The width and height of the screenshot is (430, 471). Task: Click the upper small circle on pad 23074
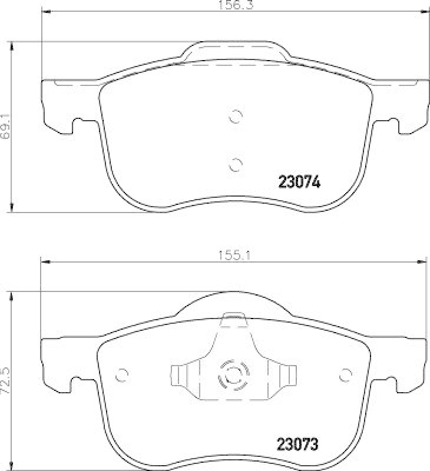click(236, 117)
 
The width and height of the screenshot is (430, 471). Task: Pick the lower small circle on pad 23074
click(236, 164)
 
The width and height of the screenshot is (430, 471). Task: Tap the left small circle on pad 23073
click(122, 374)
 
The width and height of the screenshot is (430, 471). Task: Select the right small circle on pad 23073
click(346, 374)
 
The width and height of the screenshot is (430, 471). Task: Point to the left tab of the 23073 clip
click(178, 374)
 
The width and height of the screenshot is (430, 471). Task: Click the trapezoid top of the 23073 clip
click(233, 320)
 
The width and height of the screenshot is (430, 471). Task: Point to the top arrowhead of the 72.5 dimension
click(12, 295)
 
